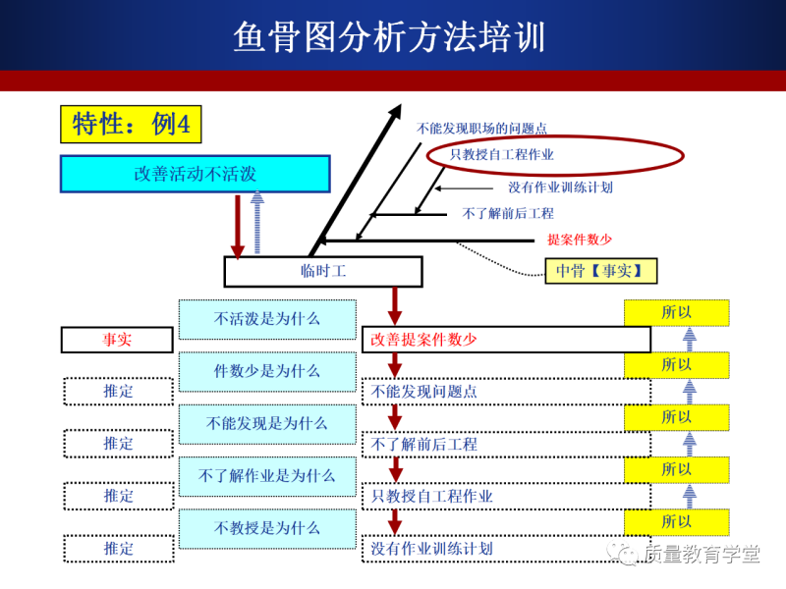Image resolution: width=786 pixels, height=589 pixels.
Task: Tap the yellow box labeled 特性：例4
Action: [131, 124]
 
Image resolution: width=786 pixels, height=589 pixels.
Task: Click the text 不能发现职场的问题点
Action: [481, 128]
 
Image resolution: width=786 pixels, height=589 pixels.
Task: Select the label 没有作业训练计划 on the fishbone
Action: [560, 187]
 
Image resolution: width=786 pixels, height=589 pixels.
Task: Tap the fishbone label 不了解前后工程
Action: [508, 213]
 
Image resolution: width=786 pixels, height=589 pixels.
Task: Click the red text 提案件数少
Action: [580, 240]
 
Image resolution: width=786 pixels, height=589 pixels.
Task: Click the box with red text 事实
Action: [118, 339]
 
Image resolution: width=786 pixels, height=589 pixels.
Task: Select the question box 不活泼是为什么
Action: [267, 319]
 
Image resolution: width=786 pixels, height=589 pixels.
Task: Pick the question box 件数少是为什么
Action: [267, 371]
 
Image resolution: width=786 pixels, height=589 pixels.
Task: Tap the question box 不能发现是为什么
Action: [267, 423]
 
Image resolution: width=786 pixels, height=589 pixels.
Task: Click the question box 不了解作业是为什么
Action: [267, 476]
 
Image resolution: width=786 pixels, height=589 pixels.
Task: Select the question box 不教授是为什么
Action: [267, 528]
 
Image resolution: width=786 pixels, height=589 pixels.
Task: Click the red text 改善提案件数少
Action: [424, 340]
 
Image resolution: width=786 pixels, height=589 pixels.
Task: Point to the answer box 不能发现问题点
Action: [424, 392]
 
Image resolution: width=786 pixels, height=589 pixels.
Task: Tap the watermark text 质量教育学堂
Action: [702, 555]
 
